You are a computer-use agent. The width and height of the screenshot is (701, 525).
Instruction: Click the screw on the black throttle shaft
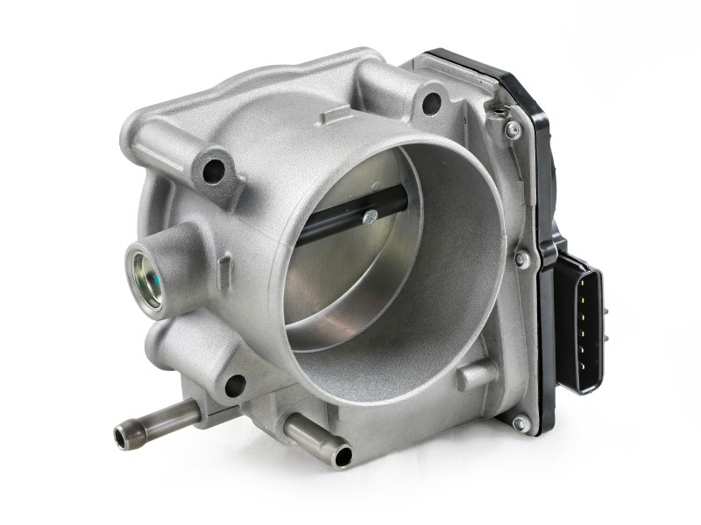click(x=371, y=218)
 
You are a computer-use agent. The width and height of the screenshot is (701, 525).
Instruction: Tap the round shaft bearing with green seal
click(x=145, y=279)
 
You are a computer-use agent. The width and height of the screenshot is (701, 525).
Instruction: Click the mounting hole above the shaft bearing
click(x=214, y=169)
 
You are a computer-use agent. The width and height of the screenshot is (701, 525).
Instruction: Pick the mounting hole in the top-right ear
click(x=431, y=103)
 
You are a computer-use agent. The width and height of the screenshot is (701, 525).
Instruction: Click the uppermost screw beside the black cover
click(x=513, y=129)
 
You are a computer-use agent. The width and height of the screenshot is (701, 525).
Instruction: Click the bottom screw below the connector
click(x=520, y=423)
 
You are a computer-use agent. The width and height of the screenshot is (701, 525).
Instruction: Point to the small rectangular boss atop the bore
click(x=336, y=115)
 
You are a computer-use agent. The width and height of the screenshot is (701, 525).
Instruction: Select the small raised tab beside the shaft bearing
click(x=224, y=262)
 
